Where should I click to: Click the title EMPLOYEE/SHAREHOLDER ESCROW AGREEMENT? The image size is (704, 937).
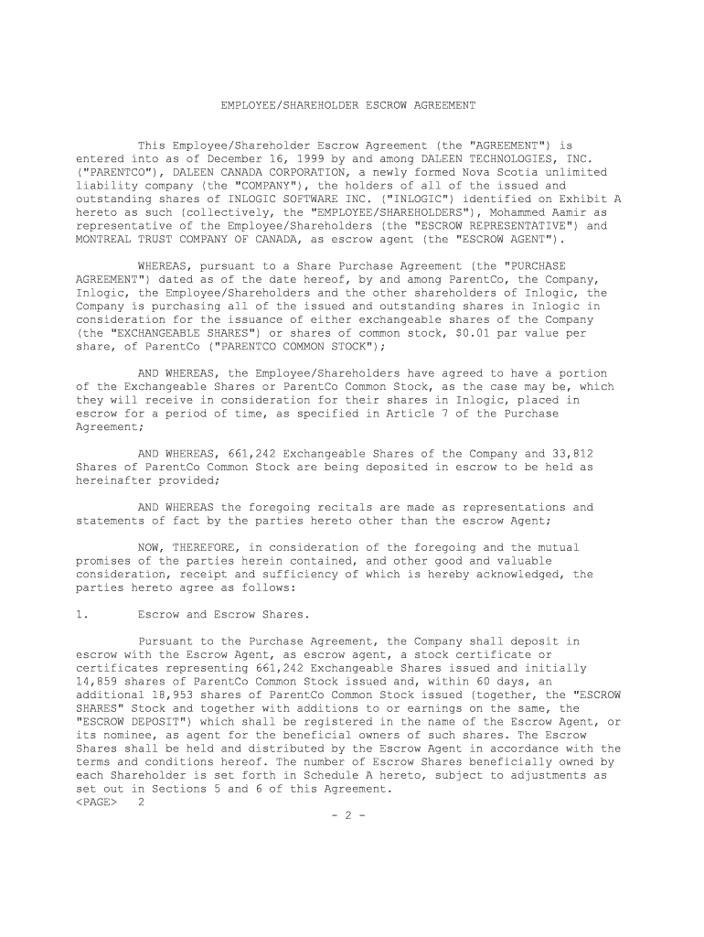(x=347, y=106)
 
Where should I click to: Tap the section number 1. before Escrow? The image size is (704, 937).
(x=81, y=615)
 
